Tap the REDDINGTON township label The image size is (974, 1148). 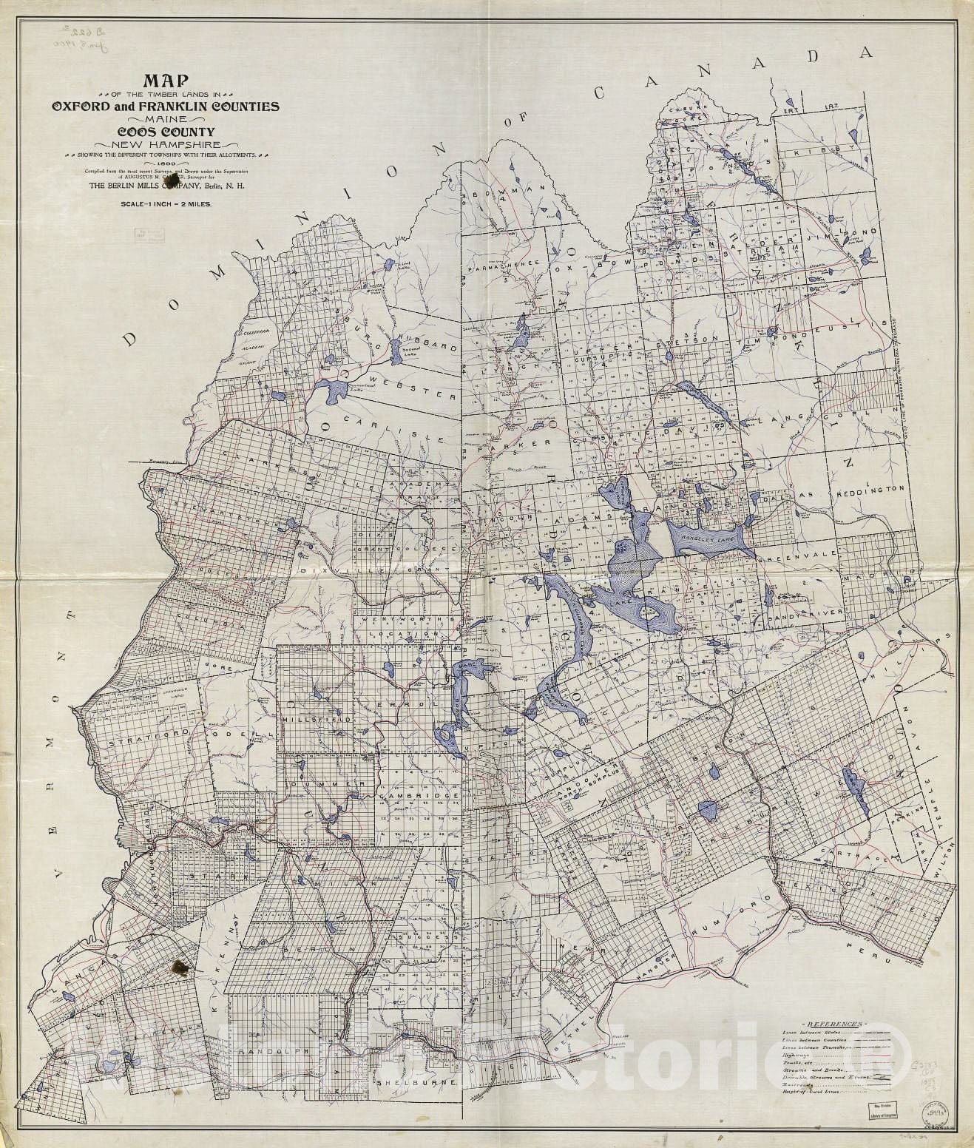pyautogui.click(x=870, y=490)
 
